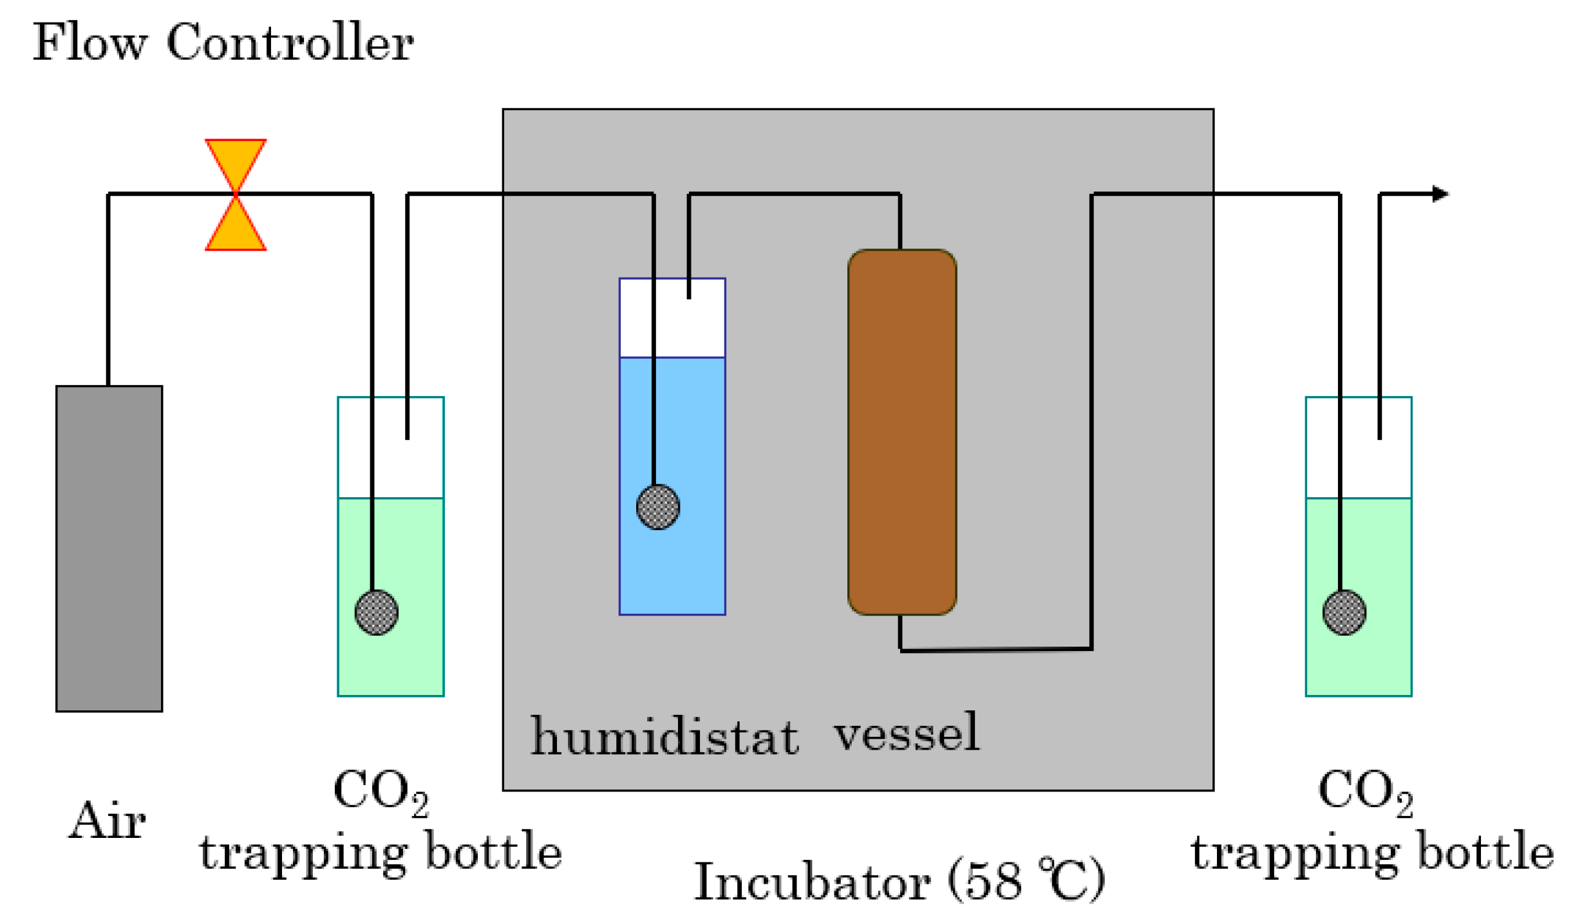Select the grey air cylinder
(109, 547)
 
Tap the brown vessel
(901, 432)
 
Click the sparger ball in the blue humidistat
(657, 507)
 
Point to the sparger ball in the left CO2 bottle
(376, 612)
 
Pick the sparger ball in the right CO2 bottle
(1343, 612)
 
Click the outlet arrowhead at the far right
(1440, 193)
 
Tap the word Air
(107, 821)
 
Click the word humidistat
(664, 736)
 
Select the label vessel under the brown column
(906, 732)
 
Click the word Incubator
(811, 881)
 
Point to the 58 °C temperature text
(1026, 880)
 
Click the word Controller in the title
(290, 43)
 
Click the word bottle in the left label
(493, 850)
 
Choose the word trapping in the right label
(1294, 854)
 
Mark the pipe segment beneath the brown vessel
(995, 649)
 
